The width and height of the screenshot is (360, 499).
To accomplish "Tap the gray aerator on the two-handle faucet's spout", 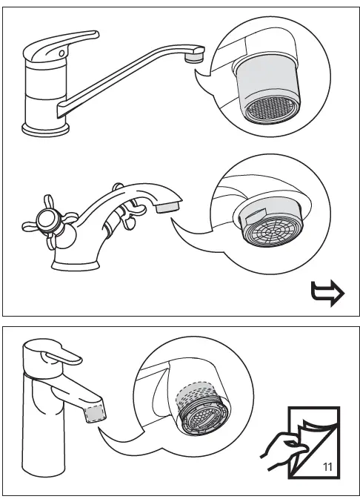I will (167, 205).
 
